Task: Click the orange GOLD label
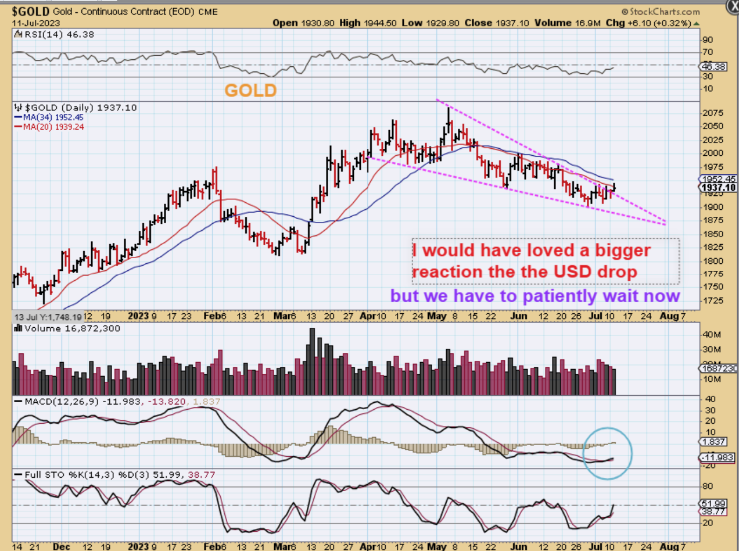(250, 90)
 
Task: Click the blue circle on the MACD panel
(607, 453)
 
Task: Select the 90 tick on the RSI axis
(707, 40)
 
